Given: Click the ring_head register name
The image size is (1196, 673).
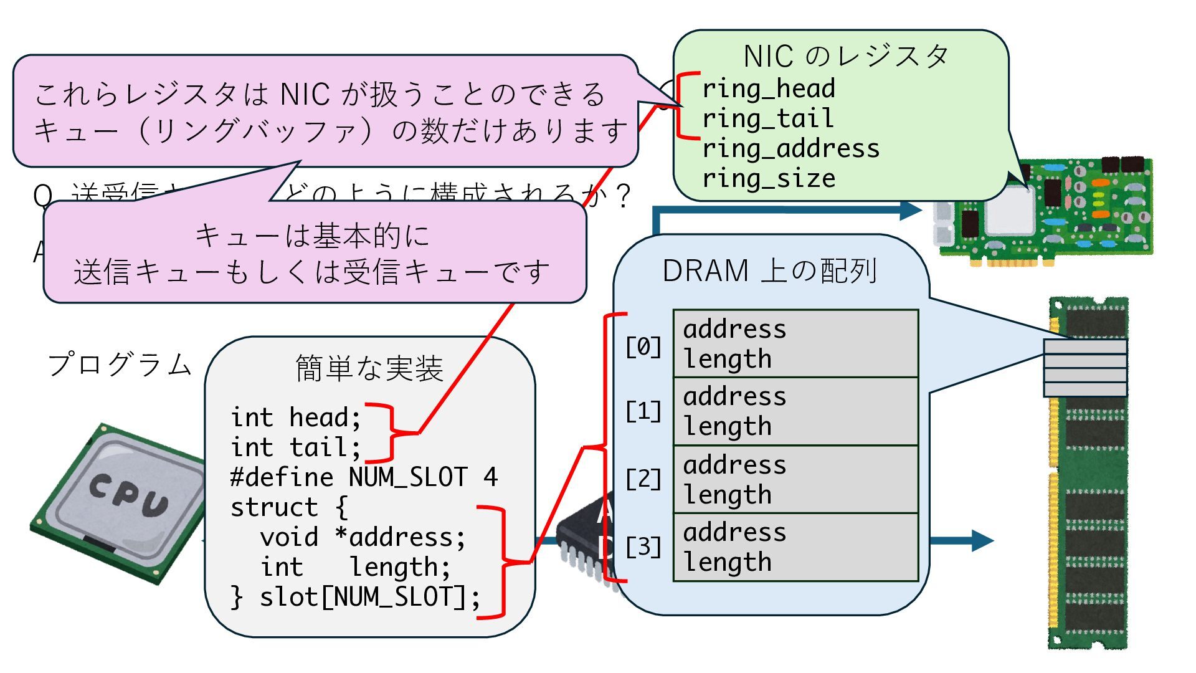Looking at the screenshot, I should [x=769, y=89].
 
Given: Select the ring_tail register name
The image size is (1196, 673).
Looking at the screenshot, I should [x=767, y=119].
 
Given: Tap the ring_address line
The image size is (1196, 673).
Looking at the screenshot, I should [x=791, y=149].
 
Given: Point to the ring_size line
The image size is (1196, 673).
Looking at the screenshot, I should [x=769, y=179].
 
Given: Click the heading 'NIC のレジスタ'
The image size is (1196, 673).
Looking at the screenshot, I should [x=846, y=57].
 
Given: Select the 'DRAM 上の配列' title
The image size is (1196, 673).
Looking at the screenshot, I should [x=770, y=271].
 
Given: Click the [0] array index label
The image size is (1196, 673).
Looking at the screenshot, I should [x=643, y=346].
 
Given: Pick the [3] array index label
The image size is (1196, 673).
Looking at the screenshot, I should [x=643, y=547].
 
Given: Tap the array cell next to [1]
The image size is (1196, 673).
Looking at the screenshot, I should [x=795, y=411].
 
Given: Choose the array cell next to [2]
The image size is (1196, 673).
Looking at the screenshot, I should [x=795, y=479].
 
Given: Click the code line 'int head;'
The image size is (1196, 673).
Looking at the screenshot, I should [x=295, y=418].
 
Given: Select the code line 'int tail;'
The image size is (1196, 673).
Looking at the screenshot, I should [x=295, y=447].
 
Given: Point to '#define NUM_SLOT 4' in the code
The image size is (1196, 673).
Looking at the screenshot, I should [x=364, y=477].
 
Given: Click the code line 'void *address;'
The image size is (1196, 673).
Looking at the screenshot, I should [x=363, y=537].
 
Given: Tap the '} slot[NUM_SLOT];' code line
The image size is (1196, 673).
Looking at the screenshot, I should [x=355, y=597].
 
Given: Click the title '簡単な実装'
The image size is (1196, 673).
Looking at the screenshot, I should [x=369, y=368].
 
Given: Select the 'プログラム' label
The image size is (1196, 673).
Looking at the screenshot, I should [x=120, y=365].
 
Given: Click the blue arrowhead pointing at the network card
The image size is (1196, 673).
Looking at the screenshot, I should [x=911, y=209].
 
